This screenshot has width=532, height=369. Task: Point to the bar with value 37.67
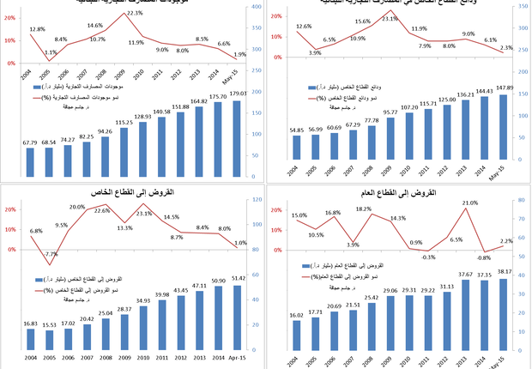tap(468, 312)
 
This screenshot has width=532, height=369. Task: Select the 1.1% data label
tap(51, 52)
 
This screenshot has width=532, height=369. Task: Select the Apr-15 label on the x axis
tap(239, 358)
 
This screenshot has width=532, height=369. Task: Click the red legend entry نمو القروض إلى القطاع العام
tap(364, 275)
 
